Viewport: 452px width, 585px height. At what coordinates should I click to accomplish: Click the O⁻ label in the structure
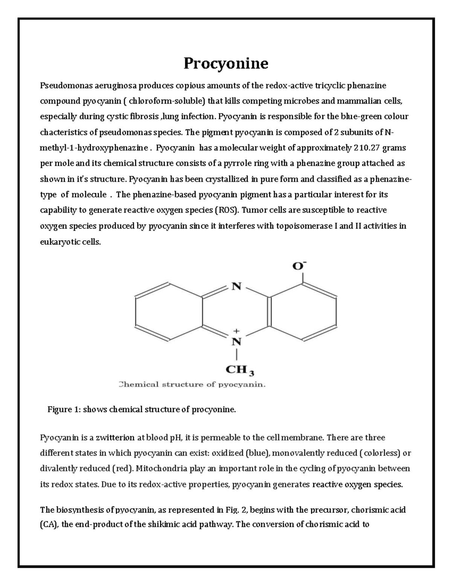pyautogui.click(x=299, y=266)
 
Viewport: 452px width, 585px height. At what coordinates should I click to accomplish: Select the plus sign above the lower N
pyautogui.click(x=236, y=331)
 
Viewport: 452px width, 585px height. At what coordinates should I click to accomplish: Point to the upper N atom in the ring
pyautogui.click(x=236, y=287)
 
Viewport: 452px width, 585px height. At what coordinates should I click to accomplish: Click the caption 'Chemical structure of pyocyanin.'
pyautogui.click(x=192, y=385)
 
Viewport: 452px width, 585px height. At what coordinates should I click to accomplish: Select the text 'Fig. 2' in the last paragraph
pyautogui.click(x=236, y=510)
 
